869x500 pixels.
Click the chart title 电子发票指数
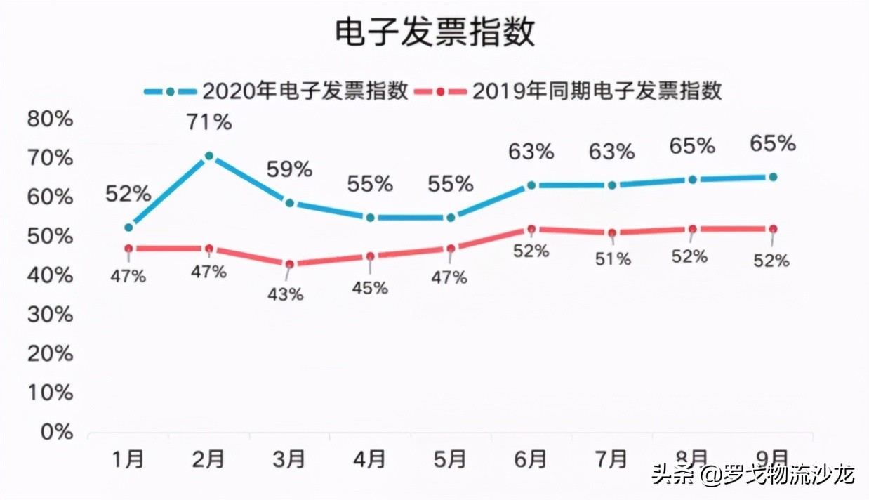(x=434, y=32)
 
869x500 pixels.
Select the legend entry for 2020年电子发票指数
(x=276, y=91)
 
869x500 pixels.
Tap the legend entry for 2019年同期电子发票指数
(x=569, y=91)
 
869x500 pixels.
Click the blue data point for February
(x=209, y=156)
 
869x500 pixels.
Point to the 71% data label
(x=209, y=122)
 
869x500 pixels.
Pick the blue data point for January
(x=128, y=228)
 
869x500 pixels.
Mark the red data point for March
(x=289, y=264)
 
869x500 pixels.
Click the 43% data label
(x=286, y=294)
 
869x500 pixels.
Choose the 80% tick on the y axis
(x=50, y=119)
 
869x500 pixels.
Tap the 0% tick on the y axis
(x=56, y=432)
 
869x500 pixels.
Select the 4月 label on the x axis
(x=369, y=460)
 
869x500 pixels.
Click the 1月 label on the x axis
(x=128, y=460)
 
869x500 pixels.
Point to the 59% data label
(x=288, y=169)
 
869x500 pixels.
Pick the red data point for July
(x=612, y=233)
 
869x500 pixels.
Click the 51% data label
(x=613, y=259)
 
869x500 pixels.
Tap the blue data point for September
(x=773, y=177)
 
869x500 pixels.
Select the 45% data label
(x=370, y=287)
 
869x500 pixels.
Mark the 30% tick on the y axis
(x=50, y=314)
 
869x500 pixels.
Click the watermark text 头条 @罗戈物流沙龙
(x=752, y=475)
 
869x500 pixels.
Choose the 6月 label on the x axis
(x=531, y=460)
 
